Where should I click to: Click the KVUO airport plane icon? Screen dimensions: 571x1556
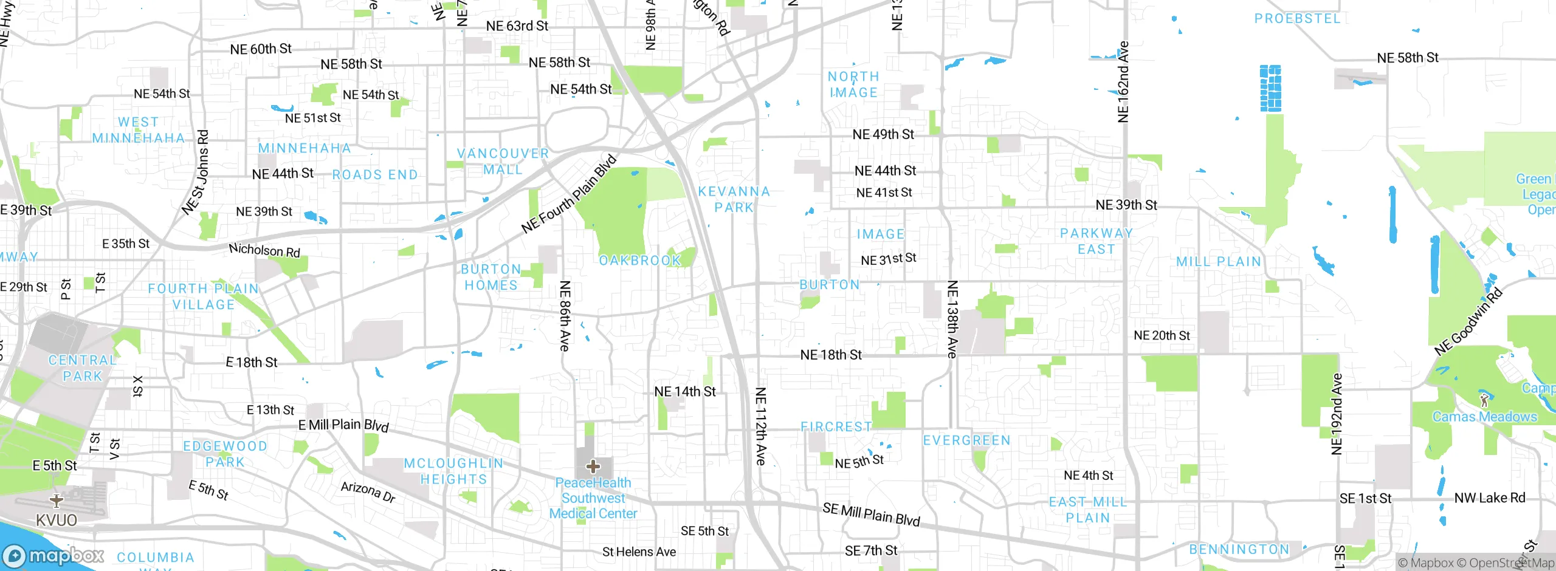tap(57, 501)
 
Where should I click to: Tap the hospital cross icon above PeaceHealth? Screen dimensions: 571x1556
tap(593, 467)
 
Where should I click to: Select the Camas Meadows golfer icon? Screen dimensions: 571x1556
tap(1485, 400)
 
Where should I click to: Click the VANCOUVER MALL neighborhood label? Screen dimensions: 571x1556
tap(503, 162)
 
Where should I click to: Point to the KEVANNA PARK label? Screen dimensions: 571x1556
tap(734, 199)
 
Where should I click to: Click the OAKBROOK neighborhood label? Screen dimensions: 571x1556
tap(640, 261)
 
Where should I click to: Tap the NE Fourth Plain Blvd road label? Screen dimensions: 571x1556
tap(569, 195)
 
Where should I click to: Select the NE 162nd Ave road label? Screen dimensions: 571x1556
tap(1123, 81)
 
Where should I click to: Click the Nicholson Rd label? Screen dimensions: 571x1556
tap(264, 250)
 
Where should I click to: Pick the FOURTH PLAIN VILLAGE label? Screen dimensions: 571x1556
tap(204, 296)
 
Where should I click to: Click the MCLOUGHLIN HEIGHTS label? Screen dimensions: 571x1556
tap(454, 471)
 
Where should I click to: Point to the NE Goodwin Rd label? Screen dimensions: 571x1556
tap(1468, 322)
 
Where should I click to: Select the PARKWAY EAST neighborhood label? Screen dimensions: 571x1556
tap(1096, 241)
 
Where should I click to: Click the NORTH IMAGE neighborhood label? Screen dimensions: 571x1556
tap(853, 84)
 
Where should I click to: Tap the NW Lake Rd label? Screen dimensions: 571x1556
tap(1490, 498)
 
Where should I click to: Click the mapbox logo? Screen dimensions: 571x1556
tap(53, 556)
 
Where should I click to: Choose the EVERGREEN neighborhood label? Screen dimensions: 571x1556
tap(966, 440)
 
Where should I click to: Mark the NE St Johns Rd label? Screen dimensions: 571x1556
tap(196, 173)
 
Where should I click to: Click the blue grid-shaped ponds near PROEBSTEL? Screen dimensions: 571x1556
tap(1270, 88)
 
